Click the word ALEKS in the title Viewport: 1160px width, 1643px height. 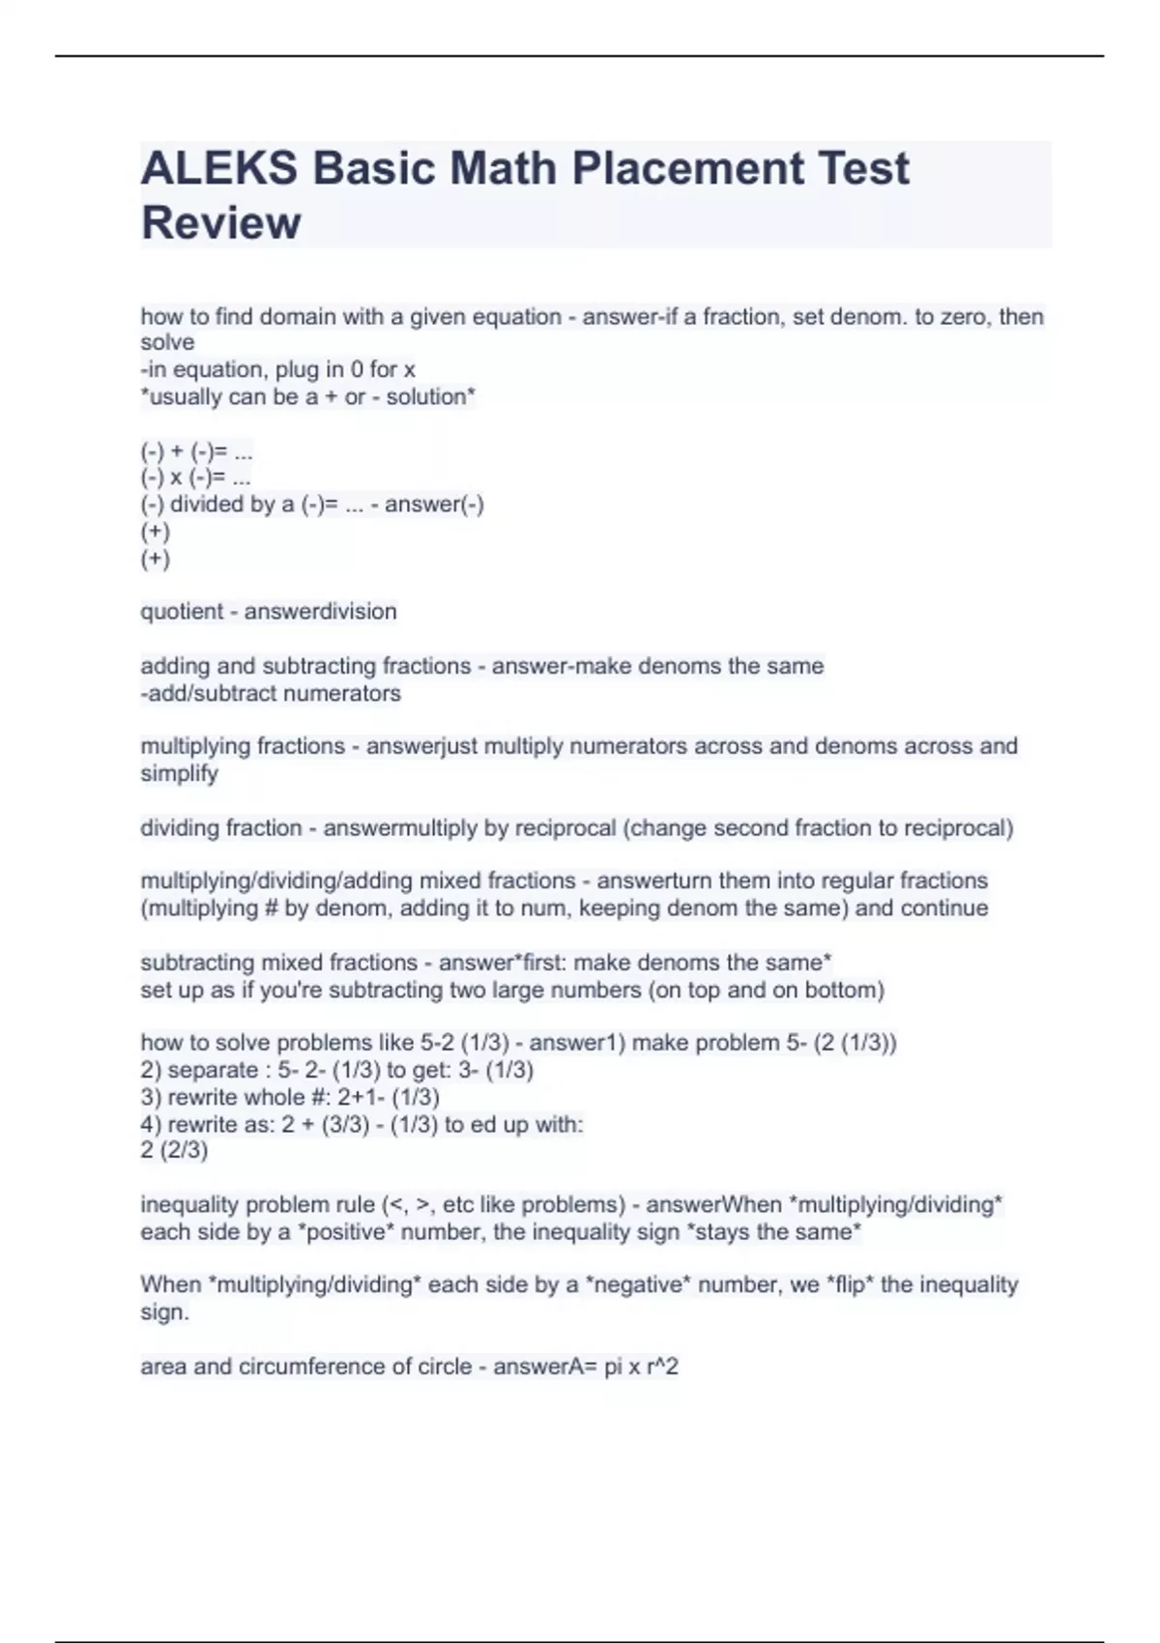point(219,168)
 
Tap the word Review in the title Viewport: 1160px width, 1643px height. point(221,222)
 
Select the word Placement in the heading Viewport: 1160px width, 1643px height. point(687,168)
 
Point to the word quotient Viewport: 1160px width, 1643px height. point(182,612)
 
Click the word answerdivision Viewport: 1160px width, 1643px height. point(320,612)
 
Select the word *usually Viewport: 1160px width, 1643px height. point(181,397)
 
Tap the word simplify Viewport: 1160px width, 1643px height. point(180,773)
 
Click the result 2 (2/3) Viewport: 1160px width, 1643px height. point(174,1150)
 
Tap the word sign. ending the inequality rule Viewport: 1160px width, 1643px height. point(164,1312)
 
